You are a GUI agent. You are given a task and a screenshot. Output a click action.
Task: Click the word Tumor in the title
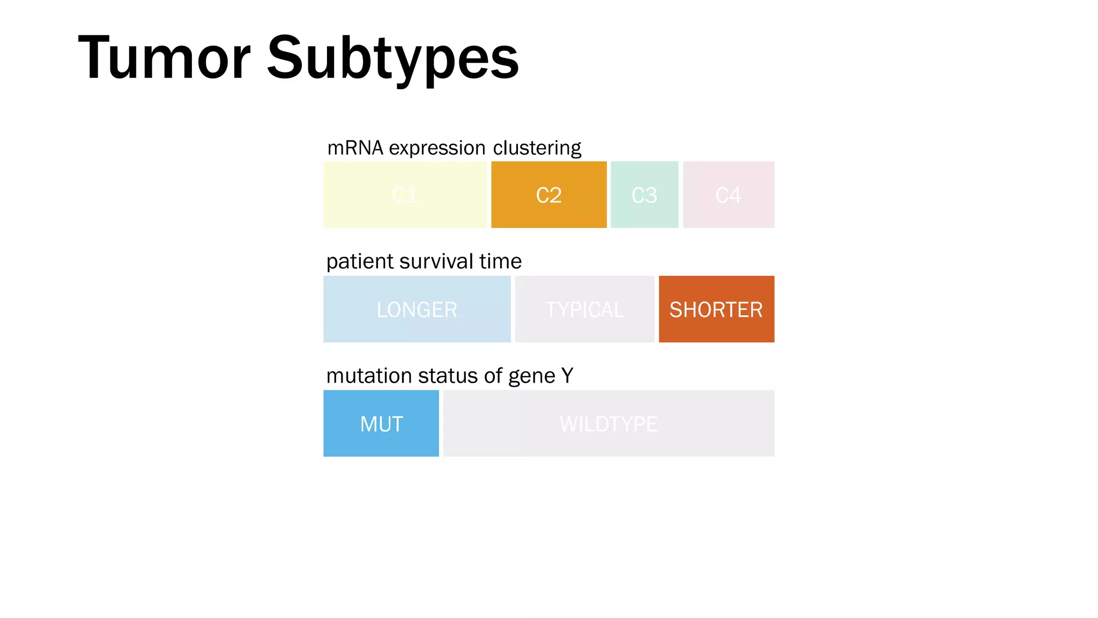pos(164,58)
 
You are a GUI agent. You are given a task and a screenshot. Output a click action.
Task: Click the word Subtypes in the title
pos(392,58)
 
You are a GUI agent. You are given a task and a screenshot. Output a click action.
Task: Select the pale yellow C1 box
pos(405,195)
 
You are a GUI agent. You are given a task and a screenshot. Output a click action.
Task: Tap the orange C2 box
pos(548,195)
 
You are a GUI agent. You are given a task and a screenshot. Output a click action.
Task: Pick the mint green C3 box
pos(644,195)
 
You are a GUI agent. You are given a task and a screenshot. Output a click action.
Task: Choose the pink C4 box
pos(728,195)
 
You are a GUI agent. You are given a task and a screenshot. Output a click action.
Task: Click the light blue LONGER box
pos(417,309)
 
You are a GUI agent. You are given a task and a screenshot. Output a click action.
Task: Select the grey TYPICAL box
pos(584,309)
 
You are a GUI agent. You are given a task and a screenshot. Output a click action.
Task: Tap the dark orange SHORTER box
pos(716,309)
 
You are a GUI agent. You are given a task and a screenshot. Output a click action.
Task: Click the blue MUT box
pos(381,423)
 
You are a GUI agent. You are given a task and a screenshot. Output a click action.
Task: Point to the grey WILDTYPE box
pos(609,423)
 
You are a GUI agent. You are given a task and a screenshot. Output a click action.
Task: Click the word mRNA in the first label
pos(355,148)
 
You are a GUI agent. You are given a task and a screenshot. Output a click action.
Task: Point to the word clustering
pos(537,148)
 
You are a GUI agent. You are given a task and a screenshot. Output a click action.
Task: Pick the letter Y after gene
pos(567,376)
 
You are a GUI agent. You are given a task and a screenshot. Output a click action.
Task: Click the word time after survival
pos(500,262)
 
